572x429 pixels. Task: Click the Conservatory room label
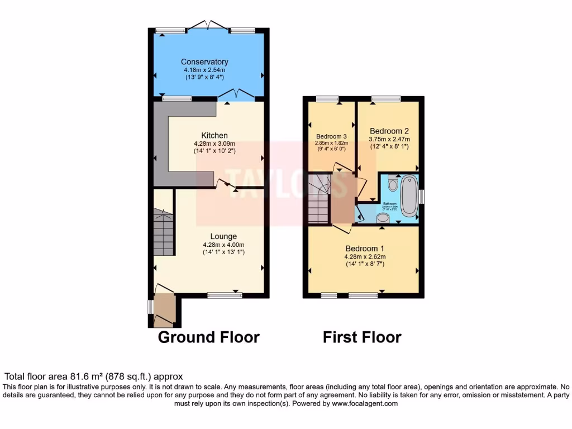[204, 62]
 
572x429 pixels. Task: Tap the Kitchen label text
[214, 135]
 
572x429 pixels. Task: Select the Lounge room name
[223, 236]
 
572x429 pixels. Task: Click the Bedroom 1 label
[365, 249]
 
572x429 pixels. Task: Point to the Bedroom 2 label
[389, 131]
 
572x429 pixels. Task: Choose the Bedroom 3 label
[331, 136]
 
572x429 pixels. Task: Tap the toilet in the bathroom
[392, 183]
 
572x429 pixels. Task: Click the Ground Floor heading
[208, 337]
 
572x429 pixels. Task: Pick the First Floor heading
[362, 337]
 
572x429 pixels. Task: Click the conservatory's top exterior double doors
[208, 26]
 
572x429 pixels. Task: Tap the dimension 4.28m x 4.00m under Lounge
[223, 245]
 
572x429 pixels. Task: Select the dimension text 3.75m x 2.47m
[389, 140]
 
